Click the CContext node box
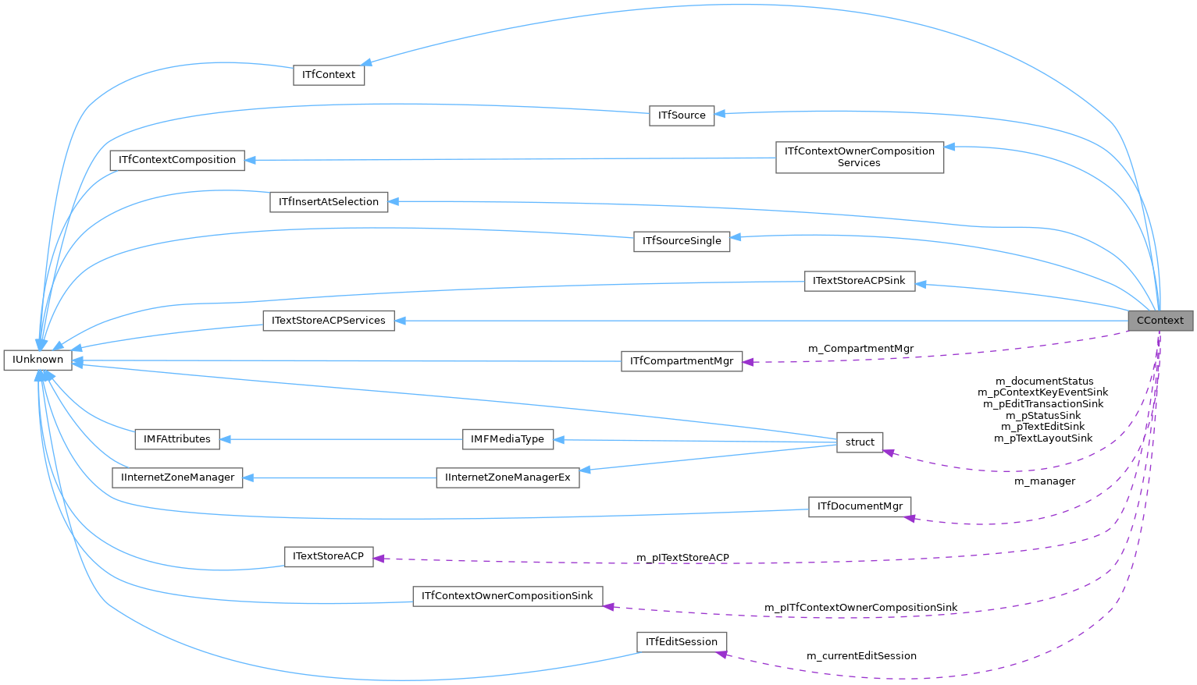[1160, 321]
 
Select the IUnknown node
[38, 360]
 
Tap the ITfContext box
[329, 75]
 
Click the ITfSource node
[682, 115]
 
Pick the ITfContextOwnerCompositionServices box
[859, 157]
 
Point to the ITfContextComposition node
[177, 160]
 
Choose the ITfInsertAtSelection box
[329, 202]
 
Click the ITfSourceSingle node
[682, 241]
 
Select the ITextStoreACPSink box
[859, 281]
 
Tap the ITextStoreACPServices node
[329, 321]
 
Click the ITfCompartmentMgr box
[682, 361]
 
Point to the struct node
[860, 442]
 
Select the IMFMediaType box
[508, 439]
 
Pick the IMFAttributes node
[177, 439]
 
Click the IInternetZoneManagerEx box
[508, 477]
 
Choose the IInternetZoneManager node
[178, 477]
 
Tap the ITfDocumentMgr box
[860, 506]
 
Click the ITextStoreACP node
[329, 556]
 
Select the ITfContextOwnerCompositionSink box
[508, 596]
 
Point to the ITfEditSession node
[682, 642]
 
